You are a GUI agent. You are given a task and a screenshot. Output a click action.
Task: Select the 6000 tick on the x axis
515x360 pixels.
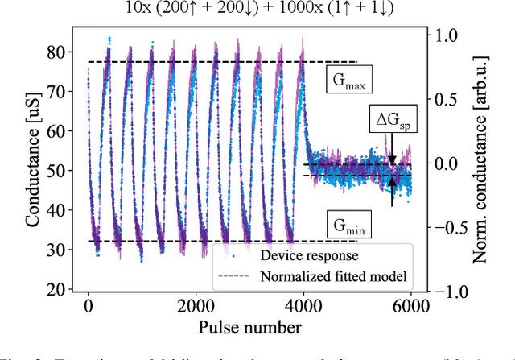click(411, 307)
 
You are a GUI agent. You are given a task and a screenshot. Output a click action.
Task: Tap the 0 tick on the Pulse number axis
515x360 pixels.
click(88, 307)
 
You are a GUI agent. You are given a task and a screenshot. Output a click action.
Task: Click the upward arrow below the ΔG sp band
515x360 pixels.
click(392, 192)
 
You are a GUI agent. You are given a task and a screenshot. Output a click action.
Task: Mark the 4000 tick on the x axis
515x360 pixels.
click(303, 307)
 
